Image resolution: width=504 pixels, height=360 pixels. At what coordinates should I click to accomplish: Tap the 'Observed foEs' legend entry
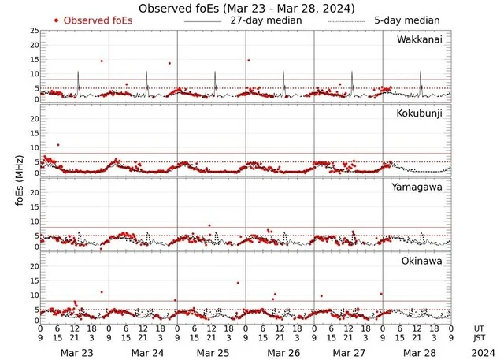click(98, 20)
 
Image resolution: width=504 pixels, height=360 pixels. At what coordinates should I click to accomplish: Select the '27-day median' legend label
click(266, 20)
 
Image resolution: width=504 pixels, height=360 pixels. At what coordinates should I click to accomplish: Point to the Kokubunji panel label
click(422, 113)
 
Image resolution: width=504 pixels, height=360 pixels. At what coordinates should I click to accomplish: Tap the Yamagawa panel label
click(421, 187)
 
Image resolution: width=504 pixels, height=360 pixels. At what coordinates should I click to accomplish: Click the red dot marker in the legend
click(57, 20)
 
